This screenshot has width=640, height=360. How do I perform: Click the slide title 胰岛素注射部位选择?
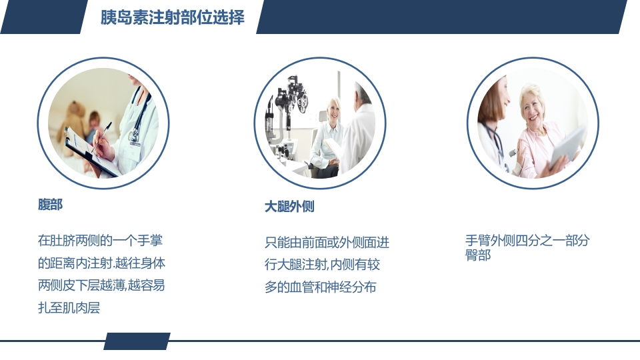[x=172, y=17]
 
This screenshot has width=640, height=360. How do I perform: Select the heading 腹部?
[x=50, y=205]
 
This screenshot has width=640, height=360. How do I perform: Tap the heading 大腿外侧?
[x=289, y=207]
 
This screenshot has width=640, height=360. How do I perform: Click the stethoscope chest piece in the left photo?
[x=135, y=136]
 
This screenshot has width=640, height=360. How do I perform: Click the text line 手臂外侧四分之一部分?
[x=527, y=241]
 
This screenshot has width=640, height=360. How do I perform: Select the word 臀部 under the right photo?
[x=477, y=255]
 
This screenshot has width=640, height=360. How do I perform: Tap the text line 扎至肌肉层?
[x=69, y=308]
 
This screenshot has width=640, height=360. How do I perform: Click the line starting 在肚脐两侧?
[x=100, y=240]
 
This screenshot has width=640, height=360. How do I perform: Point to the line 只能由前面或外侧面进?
[x=327, y=242]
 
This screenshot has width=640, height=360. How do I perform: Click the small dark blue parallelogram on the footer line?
[x=137, y=341]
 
